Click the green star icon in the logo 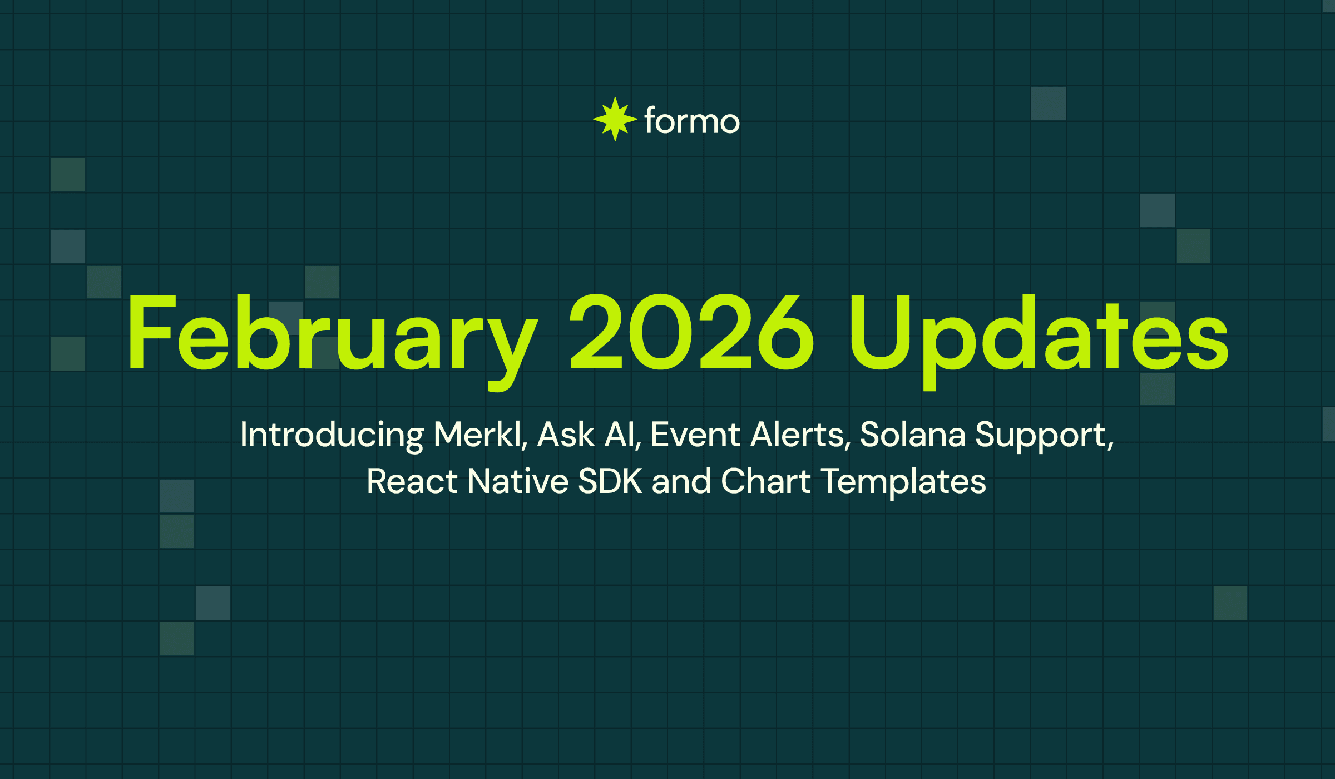[615, 119]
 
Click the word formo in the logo [692, 121]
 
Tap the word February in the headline [332, 334]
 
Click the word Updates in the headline [1038, 334]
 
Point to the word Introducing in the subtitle [332, 435]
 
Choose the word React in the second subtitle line [412, 481]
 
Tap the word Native [517, 481]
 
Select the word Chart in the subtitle [765, 481]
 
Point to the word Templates [903, 482]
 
